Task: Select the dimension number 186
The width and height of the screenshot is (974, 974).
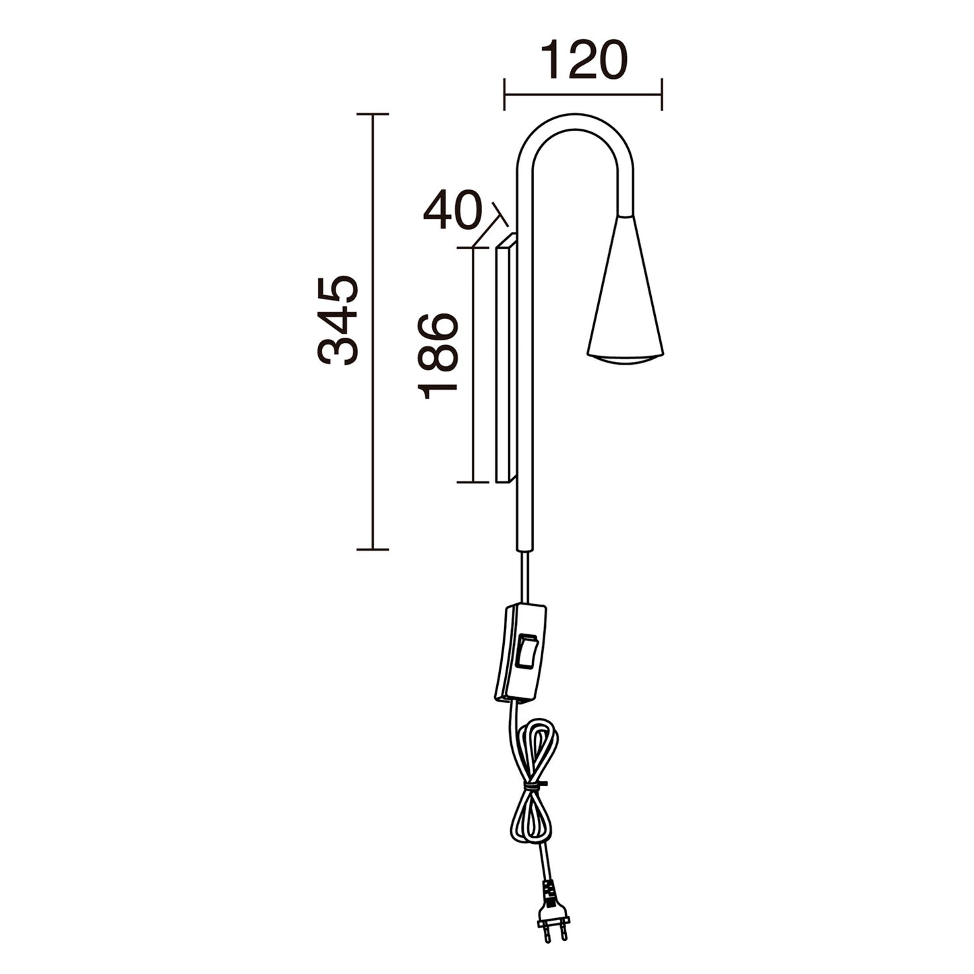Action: (x=438, y=355)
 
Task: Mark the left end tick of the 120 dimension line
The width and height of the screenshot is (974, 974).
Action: (x=504, y=94)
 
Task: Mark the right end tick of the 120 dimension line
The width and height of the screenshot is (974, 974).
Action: (x=662, y=94)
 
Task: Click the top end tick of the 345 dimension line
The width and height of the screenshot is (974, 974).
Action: (x=373, y=115)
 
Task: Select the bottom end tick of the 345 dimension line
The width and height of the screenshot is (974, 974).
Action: (x=373, y=549)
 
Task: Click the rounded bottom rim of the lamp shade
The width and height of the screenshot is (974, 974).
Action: (x=626, y=357)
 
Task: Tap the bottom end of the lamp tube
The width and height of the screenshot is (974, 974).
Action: (x=524, y=549)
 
